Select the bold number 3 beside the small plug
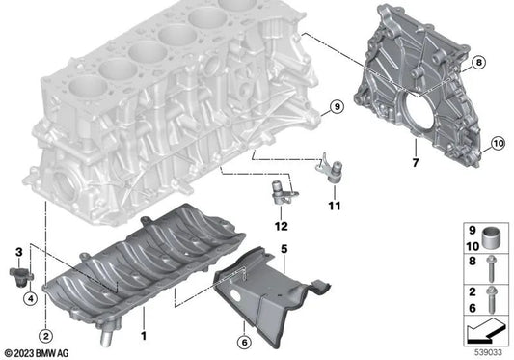19,252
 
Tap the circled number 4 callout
30,297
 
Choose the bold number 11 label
334,206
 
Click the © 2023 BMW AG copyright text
41,352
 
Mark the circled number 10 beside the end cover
499,145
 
